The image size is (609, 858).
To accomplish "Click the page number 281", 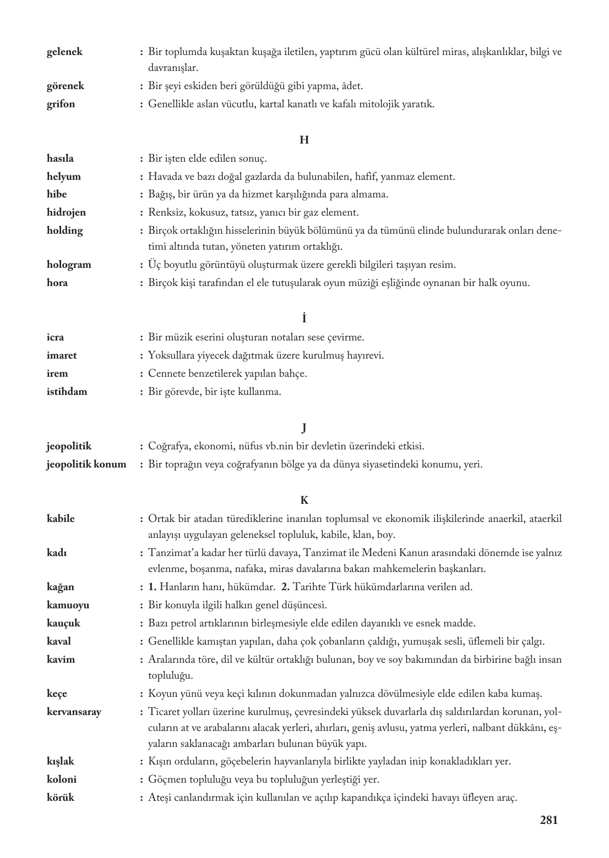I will (548, 820).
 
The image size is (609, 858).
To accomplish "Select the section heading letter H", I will (304, 140).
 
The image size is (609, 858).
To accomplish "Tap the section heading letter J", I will (304, 428).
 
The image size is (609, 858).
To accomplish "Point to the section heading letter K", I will (304, 501).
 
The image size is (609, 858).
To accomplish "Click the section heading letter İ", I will (304, 318).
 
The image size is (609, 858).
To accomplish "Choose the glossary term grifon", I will (61, 104).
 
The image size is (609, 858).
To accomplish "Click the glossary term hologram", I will (69, 265).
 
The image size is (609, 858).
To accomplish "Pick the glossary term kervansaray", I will (74, 712).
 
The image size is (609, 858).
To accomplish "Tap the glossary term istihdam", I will (67, 392).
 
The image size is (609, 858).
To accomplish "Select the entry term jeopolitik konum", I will (86, 464).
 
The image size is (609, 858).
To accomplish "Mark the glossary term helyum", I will (63, 177).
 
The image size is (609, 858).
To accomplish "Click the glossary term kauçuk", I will (63, 623).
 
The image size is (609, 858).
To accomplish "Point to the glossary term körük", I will (61, 797).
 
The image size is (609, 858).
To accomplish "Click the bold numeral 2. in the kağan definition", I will (285, 587).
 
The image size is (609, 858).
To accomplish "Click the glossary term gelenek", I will (64, 52).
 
